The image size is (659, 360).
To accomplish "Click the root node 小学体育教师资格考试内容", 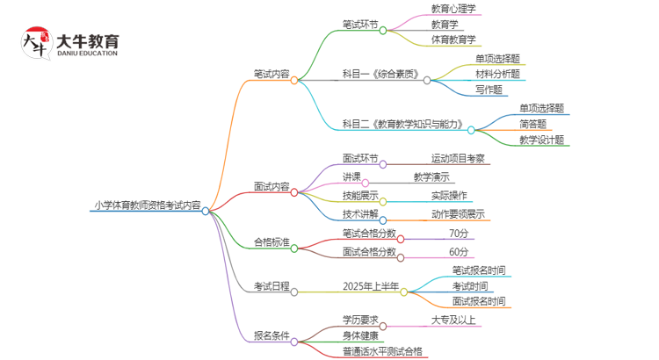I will coord(147,207).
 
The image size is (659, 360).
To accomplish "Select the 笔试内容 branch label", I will coord(272,75).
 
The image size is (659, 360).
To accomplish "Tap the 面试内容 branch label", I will coord(272,187).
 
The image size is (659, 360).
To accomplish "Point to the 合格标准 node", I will coord(272,242).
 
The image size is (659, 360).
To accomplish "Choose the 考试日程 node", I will coord(272,286).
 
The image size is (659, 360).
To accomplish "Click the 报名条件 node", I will coord(272,336).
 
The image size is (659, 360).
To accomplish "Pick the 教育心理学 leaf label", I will coord(453,9).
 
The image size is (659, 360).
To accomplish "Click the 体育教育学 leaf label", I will coord(453,40).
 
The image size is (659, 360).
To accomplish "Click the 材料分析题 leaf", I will coord(497,74).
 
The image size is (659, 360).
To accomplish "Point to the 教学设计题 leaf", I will coord(541,140).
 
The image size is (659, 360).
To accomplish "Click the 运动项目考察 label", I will coord(457,159).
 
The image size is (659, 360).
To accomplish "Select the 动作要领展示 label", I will coord(457,213).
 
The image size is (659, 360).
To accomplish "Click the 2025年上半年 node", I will coord(371,286).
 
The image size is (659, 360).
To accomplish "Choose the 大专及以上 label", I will coord(453,320).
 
